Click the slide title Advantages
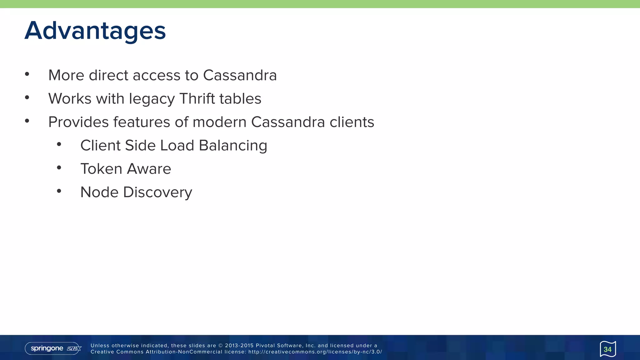[95, 31]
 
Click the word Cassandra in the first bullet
[240, 75]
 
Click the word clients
[352, 122]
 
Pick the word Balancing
[233, 146]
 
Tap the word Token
[101, 169]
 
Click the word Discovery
[157, 192]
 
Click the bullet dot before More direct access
[27, 74]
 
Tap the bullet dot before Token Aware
[59, 168]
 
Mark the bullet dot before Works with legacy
[27, 97]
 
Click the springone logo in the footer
[53, 348]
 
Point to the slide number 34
[607, 349]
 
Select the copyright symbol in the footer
[221, 346]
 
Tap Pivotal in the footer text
[265, 346]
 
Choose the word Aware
[149, 169]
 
